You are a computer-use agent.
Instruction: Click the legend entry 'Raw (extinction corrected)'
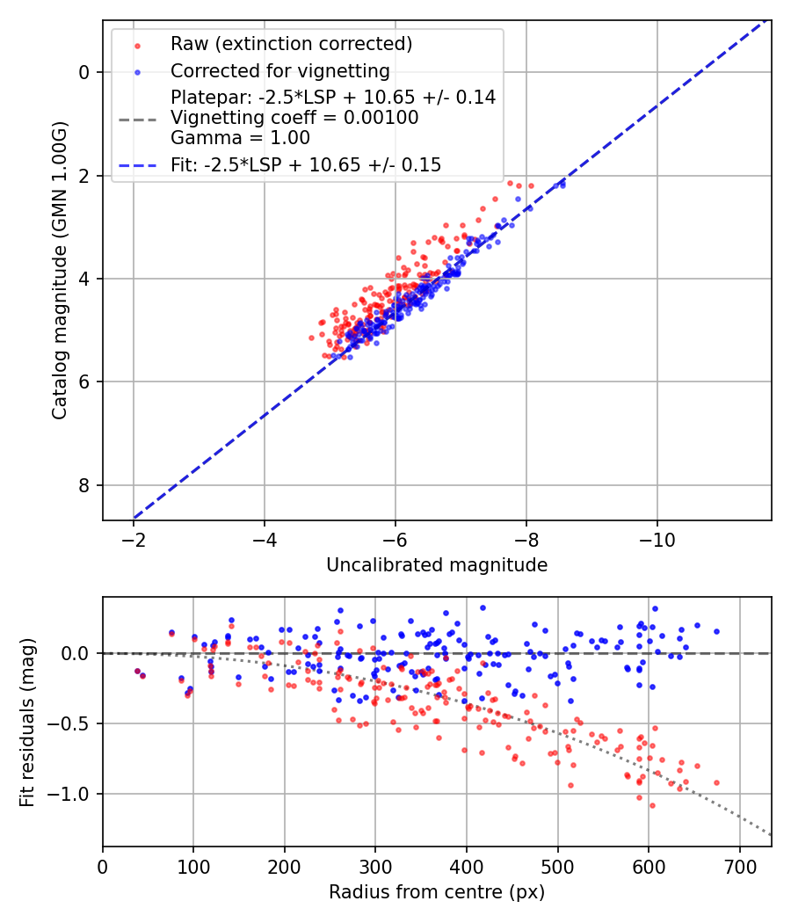[291, 44]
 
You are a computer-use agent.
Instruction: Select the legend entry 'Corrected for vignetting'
[279, 70]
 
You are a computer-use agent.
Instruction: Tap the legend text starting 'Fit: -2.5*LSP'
[306, 164]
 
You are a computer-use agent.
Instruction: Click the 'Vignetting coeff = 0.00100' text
[294, 118]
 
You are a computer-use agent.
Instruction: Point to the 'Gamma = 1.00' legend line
[240, 138]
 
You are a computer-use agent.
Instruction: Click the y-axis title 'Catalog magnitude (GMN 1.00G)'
[59, 270]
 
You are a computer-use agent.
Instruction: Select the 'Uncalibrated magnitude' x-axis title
[437, 565]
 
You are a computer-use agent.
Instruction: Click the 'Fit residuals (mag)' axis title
[28, 723]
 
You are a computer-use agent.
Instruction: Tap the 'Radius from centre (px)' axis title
[437, 892]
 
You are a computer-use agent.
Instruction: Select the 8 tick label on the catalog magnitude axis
[84, 485]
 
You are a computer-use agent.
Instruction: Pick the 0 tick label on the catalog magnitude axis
[84, 72]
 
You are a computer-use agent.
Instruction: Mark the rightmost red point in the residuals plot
[716, 782]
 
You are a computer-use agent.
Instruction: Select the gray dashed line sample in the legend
[137, 118]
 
